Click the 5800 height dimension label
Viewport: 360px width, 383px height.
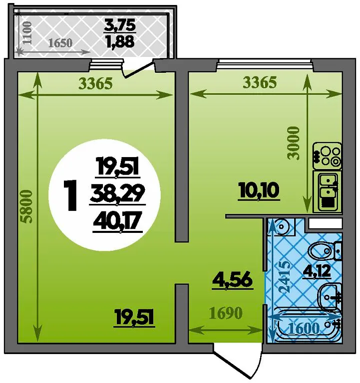click(x=30, y=207)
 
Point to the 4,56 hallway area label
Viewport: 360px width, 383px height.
click(x=232, y=278)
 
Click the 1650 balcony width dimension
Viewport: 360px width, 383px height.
click(x=63, y=42)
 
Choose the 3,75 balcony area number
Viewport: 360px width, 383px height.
click(x=119, y=24)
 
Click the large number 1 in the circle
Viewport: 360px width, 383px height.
click(x=71, y=196)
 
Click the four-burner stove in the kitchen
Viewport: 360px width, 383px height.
click(x=327, y=155)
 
